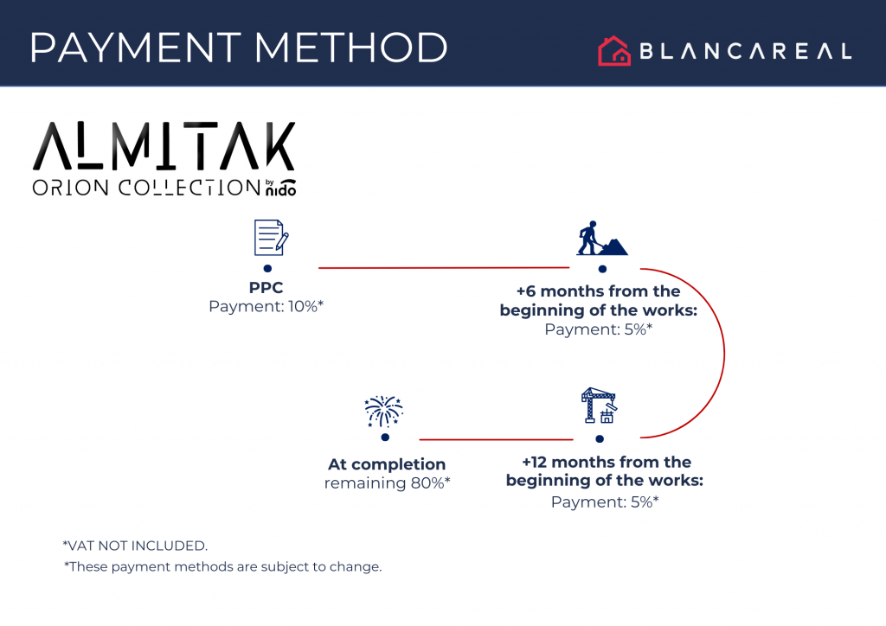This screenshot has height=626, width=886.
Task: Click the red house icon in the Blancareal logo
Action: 613,51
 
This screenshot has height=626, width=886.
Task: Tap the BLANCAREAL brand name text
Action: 745,52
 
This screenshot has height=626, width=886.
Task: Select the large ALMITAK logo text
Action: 164,147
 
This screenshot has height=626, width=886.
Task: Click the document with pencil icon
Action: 270,238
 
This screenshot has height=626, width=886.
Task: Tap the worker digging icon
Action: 601,239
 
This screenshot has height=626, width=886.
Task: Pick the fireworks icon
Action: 384,412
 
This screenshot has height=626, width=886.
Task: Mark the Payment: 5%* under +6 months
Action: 598,329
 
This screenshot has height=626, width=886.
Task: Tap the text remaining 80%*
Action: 387,482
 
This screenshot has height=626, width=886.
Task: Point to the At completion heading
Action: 387,464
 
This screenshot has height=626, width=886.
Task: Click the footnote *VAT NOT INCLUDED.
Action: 135,546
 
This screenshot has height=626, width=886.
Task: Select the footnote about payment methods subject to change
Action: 222,567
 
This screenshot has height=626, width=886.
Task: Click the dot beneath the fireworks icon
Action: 385,438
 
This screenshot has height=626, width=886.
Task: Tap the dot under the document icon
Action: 267,269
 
